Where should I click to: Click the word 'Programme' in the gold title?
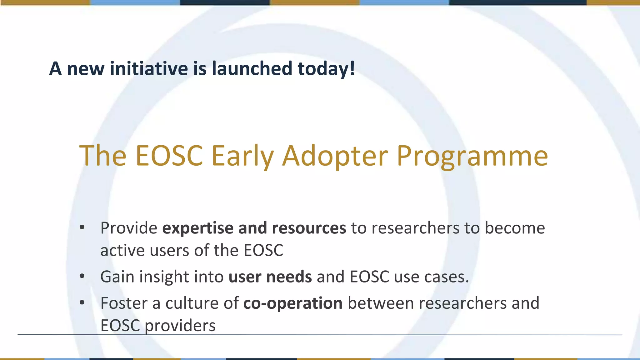[472, 156]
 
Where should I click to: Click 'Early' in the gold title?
[242, 156]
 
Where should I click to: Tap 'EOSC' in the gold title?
[169, 156]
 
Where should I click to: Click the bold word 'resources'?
[309, 228]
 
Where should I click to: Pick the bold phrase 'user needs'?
[270, 277]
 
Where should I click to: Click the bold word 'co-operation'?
[293, 303]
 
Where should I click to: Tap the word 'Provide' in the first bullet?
[129, 228]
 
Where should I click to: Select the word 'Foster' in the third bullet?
[124, 303]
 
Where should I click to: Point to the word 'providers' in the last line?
[180, 326]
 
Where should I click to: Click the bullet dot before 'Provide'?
[82, 227]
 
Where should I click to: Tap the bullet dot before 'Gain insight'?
[82, 276]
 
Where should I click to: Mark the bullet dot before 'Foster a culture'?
[82, 302]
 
